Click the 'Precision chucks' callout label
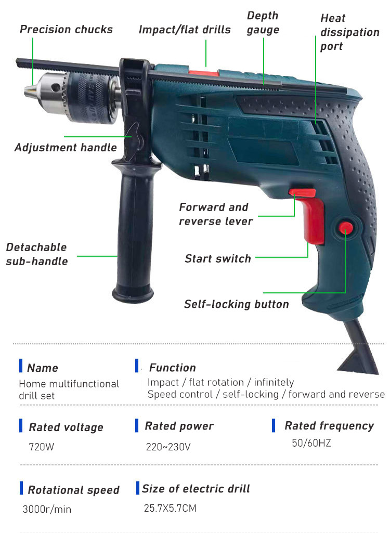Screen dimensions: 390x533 click(66, 29)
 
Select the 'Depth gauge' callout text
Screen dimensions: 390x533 click(263, 23)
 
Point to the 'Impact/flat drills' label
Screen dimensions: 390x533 click(185, 30)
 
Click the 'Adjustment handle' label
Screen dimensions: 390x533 click(66, 148)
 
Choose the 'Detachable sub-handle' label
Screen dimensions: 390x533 click(36, 254)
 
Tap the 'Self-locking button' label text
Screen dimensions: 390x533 click(236, 304)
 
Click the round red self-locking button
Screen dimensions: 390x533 click(345, 228)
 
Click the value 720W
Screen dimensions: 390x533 click(39, 446)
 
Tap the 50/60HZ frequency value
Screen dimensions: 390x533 click(311, 443)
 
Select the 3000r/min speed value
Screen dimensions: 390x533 click(47, 509)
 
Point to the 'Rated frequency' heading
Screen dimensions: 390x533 click(329, 426)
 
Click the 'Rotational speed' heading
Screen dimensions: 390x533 click(73, 490)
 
